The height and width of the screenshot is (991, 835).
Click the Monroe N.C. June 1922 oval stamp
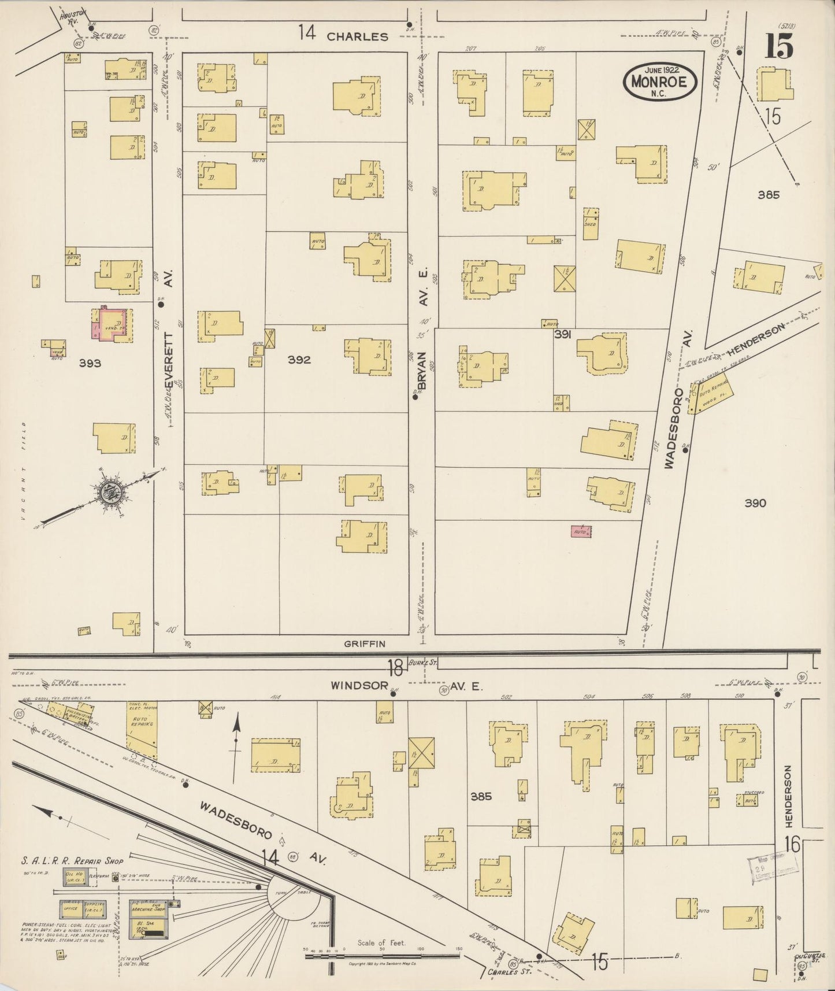tap(659, 82)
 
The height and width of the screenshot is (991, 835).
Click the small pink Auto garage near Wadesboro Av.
tap(581, 531)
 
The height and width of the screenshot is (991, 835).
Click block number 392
tap(299, 360)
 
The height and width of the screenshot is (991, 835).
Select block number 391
tap(562, 334)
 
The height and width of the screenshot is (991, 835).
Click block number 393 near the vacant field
tap(90, 363)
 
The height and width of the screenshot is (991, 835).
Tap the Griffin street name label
tap(365, 643)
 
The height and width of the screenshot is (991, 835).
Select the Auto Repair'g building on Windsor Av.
tap(141, 723)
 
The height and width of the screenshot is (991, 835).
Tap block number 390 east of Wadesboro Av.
tap(755, 503)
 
